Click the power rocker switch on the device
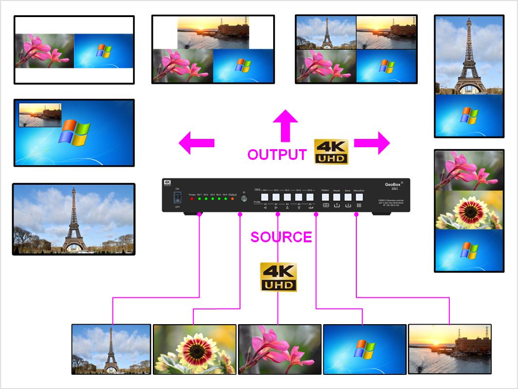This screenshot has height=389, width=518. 178,197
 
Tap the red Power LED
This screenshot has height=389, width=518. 192,199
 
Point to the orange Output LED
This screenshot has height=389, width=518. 232,199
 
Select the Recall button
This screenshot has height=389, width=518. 337,197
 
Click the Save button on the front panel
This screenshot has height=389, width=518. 348,197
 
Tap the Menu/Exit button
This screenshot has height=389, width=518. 359,197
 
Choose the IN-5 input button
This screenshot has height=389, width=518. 310,197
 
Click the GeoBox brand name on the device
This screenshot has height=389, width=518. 392,184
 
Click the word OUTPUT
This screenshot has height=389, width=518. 277,155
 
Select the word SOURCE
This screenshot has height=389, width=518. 281,237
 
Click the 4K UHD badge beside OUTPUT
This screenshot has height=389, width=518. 331,152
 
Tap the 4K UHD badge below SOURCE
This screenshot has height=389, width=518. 278,277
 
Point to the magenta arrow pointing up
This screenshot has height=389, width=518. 285,125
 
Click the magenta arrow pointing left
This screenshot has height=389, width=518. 196,143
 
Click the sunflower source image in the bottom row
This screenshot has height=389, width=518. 194,349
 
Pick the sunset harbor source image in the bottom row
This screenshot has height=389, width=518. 449,349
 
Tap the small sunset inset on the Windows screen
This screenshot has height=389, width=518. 40,115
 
